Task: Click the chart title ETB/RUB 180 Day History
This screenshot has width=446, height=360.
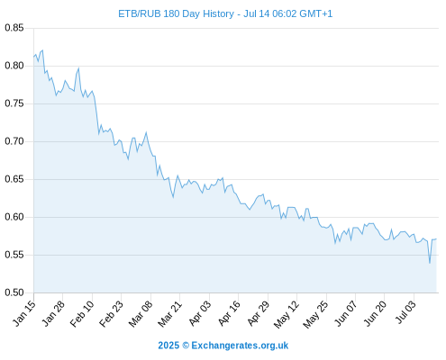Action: pos(176,13)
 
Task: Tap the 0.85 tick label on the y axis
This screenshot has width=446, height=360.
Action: pos(14,28)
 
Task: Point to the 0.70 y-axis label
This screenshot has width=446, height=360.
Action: pos(14,141)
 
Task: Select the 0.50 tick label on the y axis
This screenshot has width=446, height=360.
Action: pos(14,292)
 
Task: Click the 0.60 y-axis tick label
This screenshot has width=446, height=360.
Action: pos(14,217)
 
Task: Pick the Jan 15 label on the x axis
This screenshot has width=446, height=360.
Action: pos(24,313)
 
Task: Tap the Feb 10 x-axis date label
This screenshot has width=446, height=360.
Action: pos(82,313)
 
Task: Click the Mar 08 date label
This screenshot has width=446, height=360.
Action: pos(141,313)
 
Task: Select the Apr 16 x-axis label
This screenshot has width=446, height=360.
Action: pos(229,313)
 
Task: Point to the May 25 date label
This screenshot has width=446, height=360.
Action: pos(315,314)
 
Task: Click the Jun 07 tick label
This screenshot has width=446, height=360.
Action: pos(346,313)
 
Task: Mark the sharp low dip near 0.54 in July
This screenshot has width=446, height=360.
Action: pos(430,263)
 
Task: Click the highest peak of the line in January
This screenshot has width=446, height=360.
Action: pos(42,50)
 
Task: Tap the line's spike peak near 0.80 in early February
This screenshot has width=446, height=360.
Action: pos(78,68)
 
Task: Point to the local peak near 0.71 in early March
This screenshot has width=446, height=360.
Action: pos(146,132)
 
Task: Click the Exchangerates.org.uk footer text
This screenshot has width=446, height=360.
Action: pos(240,346)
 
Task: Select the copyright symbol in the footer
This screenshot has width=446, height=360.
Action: pos(186,346)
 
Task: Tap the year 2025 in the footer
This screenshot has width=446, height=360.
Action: pos(168,346)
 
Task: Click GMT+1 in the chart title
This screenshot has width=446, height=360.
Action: pos(316,13)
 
